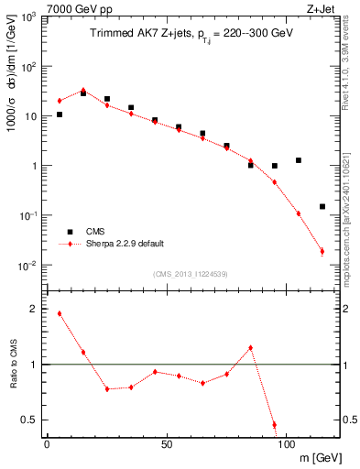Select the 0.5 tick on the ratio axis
(x=29, y=420)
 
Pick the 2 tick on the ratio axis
(x=33, y=310)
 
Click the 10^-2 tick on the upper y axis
(x=27, y=266)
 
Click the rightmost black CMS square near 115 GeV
(x=322, y=207)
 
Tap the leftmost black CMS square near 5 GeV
(x=60, y=115)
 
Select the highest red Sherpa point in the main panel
(x=83, y=91)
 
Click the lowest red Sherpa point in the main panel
(x=322, y=251)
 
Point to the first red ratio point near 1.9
(x=60, y=313)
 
